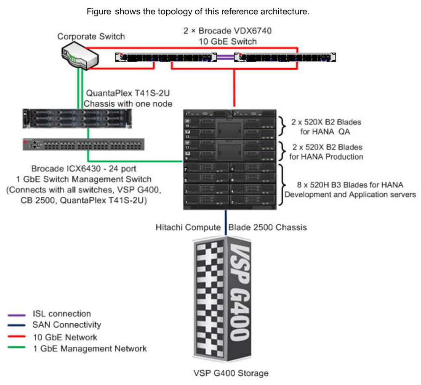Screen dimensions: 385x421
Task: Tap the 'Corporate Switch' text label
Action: tap(91, 37)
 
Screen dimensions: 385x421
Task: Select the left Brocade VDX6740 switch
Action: tap(166, 58)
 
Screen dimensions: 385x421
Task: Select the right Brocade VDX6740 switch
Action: tap(285, 58)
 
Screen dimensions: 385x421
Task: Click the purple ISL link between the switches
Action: tap(226, 58)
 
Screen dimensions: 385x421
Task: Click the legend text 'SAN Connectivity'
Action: tap(67, 325)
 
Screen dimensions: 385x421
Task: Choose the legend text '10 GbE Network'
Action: tap(65, 337)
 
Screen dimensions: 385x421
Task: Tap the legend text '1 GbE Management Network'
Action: tap(90, 348)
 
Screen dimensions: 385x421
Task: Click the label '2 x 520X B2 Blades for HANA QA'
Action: tap(326, 127)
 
